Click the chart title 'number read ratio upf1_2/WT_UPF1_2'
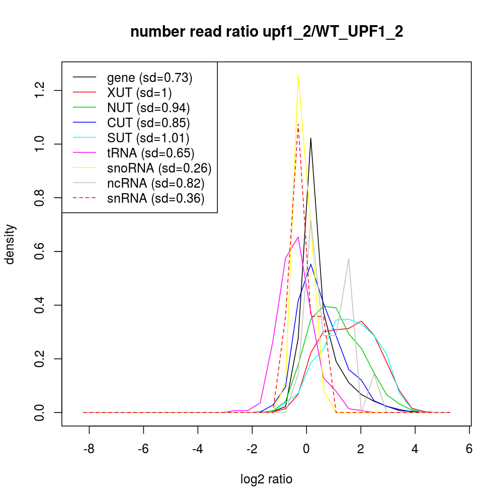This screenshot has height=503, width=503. click(267, 32)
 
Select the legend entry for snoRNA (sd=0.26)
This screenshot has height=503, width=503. click(159, 168)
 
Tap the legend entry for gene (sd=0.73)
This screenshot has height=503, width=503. click(150, 77)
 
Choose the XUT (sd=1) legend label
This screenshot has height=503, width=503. click(139, 93)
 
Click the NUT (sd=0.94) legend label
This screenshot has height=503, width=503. click(148, 108)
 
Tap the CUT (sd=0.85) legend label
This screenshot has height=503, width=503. click(148, 123)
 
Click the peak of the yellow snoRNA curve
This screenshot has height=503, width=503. click(298, 75)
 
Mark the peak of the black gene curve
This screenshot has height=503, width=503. click(311, 138)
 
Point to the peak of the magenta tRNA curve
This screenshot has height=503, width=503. click(298, 237)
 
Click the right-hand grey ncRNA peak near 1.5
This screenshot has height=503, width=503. click(349, 259)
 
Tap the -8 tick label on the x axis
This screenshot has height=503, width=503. click(89, 449)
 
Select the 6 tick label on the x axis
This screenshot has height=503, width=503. click(469, 449)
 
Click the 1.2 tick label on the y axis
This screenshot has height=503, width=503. click(41, 91)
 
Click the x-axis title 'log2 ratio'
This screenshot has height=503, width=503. click(267, 479)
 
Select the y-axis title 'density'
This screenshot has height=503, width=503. click(11, 244)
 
